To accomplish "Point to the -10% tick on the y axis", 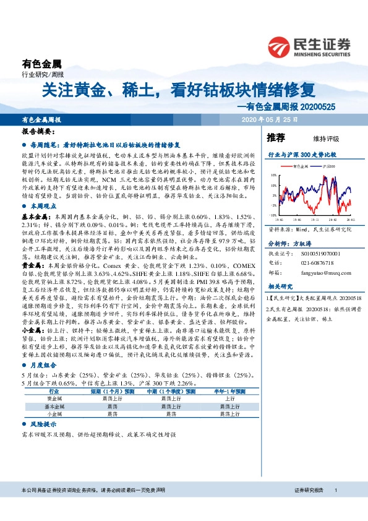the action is pyautogui.click(x=273, y=215).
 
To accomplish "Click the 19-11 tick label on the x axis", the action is pyautogui.click(x=315, y=219).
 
